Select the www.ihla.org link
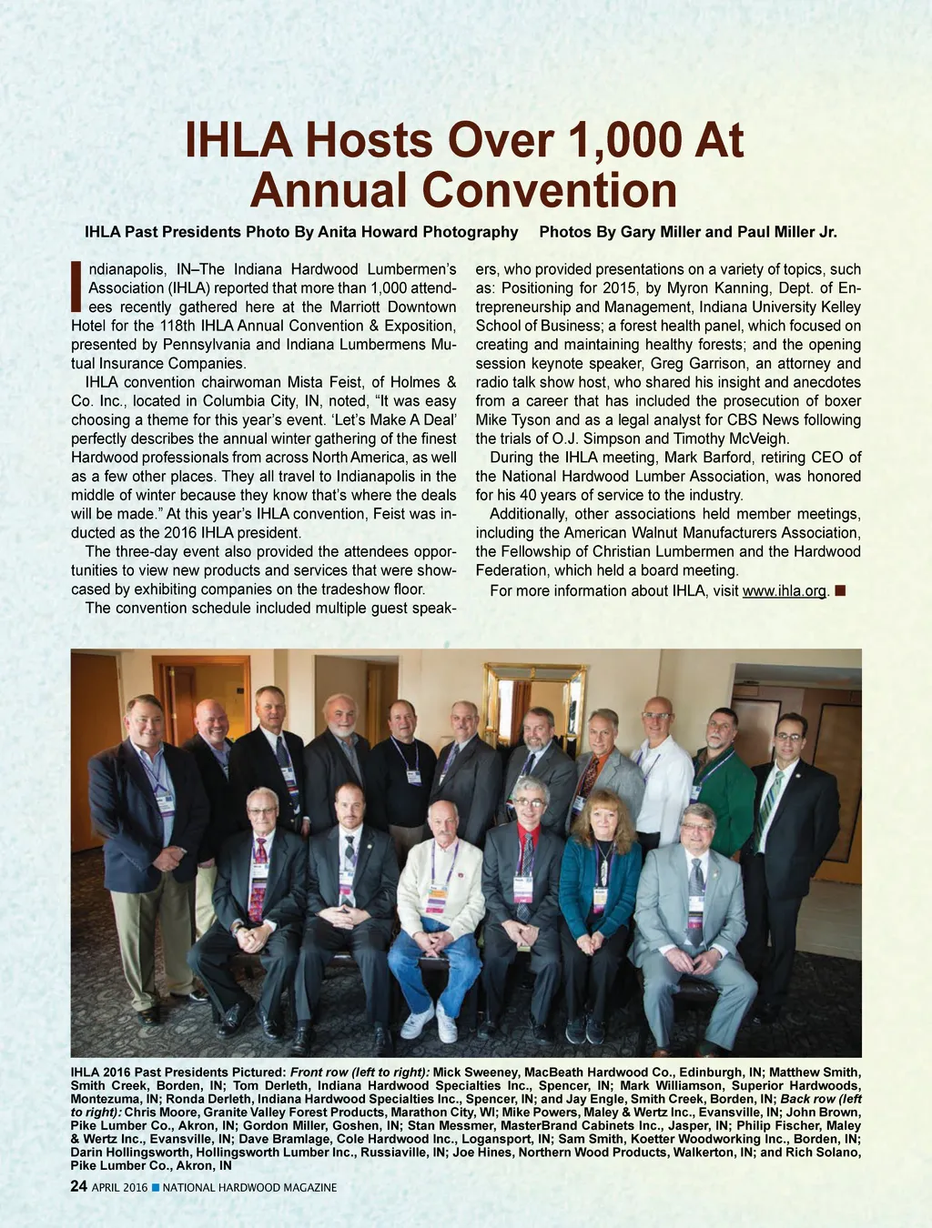point(785,591)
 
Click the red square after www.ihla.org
point(840,590)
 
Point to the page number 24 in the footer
point(79,1187)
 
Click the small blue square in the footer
point(156,1188)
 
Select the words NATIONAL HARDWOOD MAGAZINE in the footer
point(249,1188)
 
